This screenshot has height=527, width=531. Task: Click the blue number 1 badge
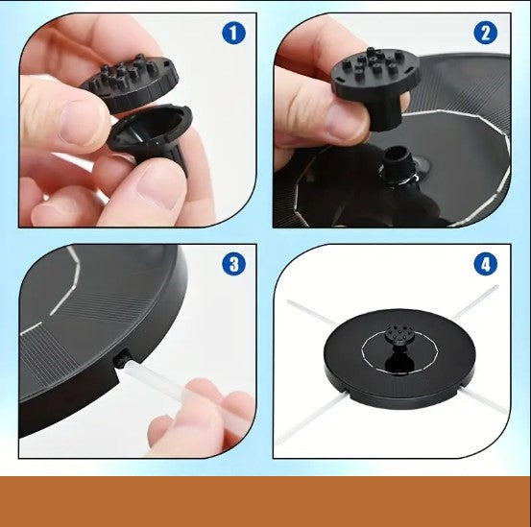(233, 33)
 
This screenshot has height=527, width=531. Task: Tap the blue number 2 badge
(485, 33)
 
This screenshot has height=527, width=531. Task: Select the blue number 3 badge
(233, 264)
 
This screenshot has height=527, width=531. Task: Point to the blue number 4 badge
(486, 264)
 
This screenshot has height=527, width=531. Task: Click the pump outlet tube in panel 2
(398, 163)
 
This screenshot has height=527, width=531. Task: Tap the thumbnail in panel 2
(346, 118)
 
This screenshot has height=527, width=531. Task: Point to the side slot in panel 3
(122, 359)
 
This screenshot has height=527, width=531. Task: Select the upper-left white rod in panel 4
(312, 312)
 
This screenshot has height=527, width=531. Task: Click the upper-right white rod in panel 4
(474, 302)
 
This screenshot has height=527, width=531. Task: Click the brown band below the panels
(265, 502)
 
